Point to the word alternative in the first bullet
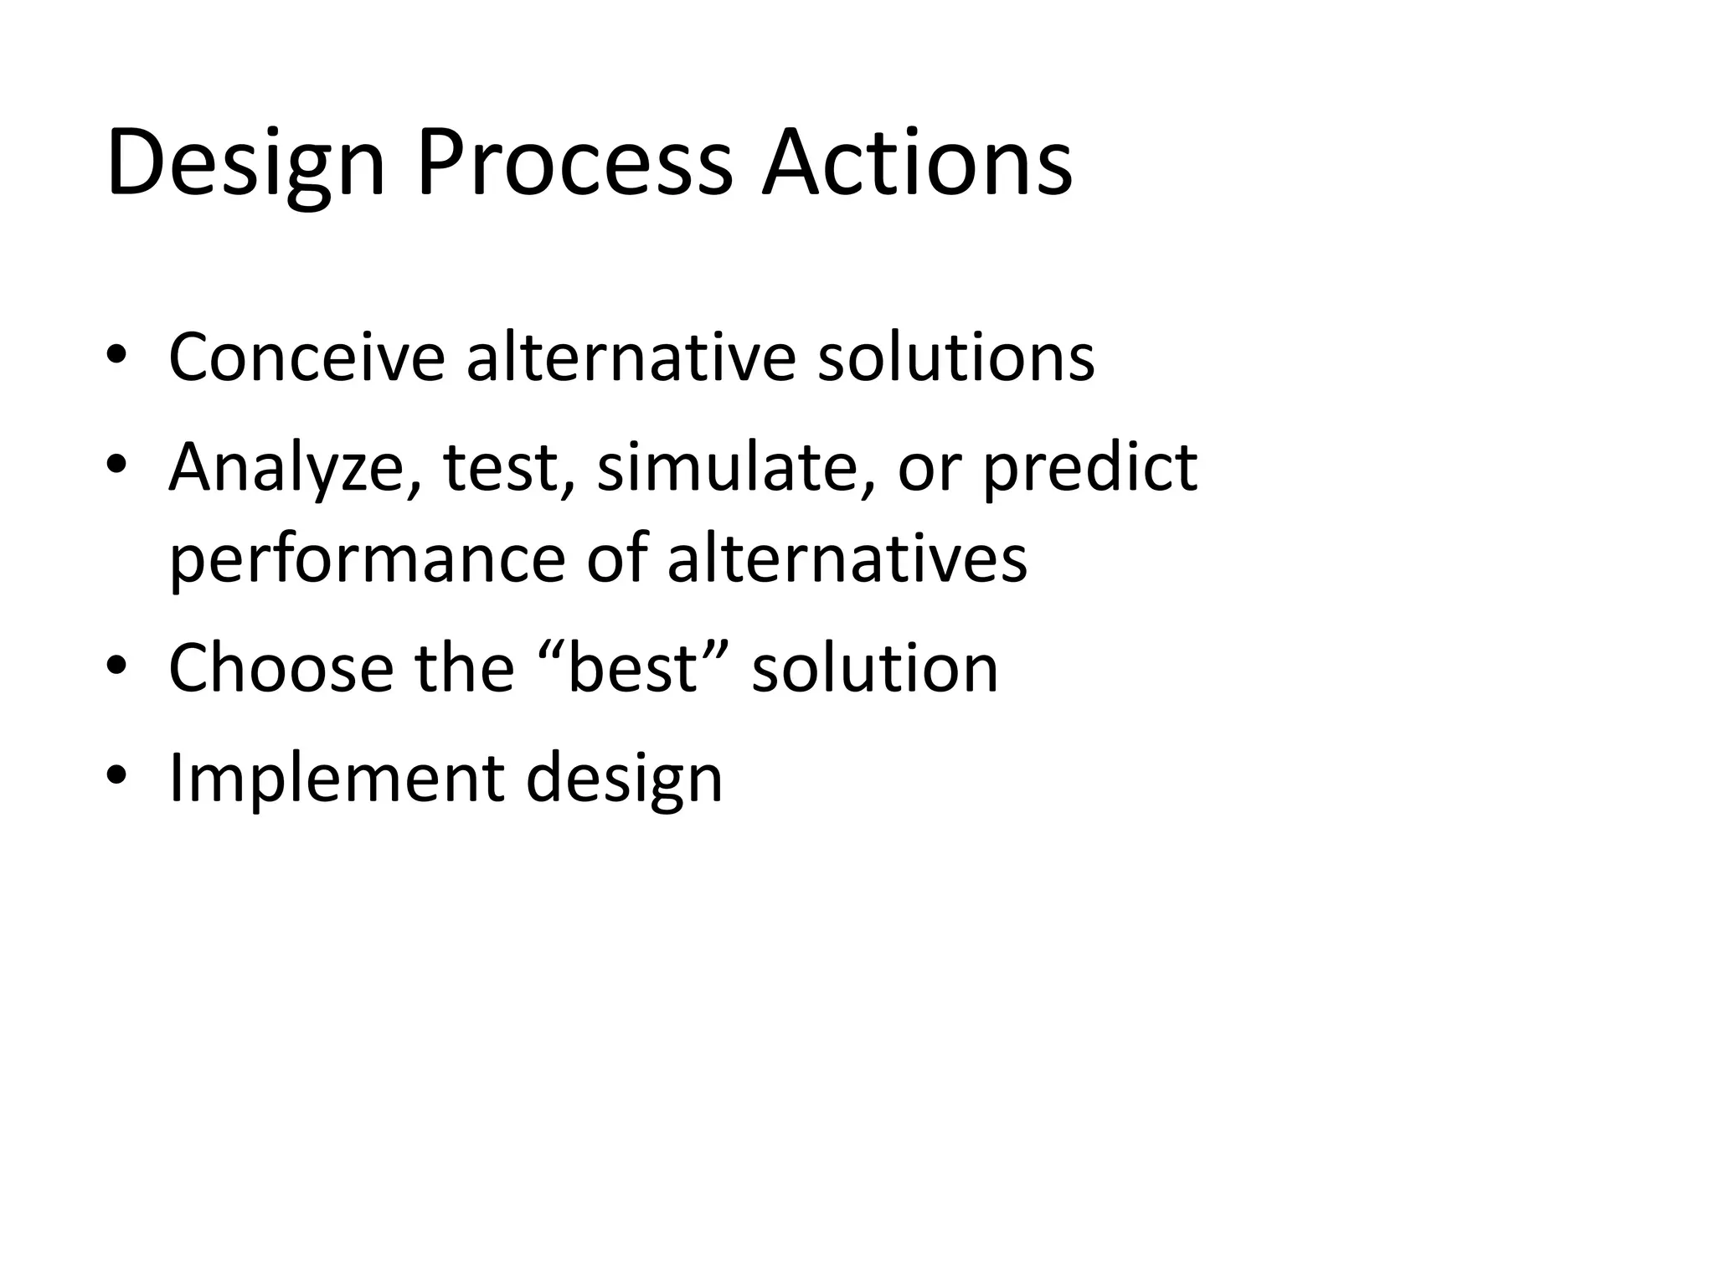tap(629, 358)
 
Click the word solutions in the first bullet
tap(955, 358)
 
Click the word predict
tap(1089, 469)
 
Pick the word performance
tap(368, 562)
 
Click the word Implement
tap(336, 779)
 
